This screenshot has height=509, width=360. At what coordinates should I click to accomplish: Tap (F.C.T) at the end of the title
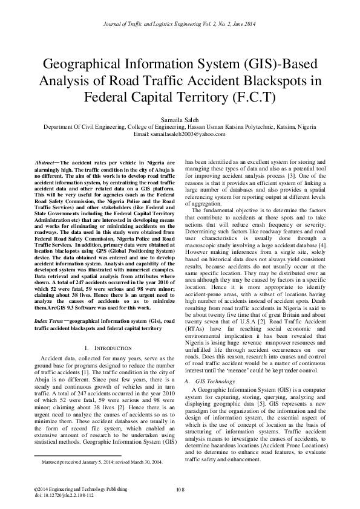click(254, 97)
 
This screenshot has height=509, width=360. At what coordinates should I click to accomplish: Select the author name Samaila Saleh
click(180, 120)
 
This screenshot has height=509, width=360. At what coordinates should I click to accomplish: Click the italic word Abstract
click(46, 163)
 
